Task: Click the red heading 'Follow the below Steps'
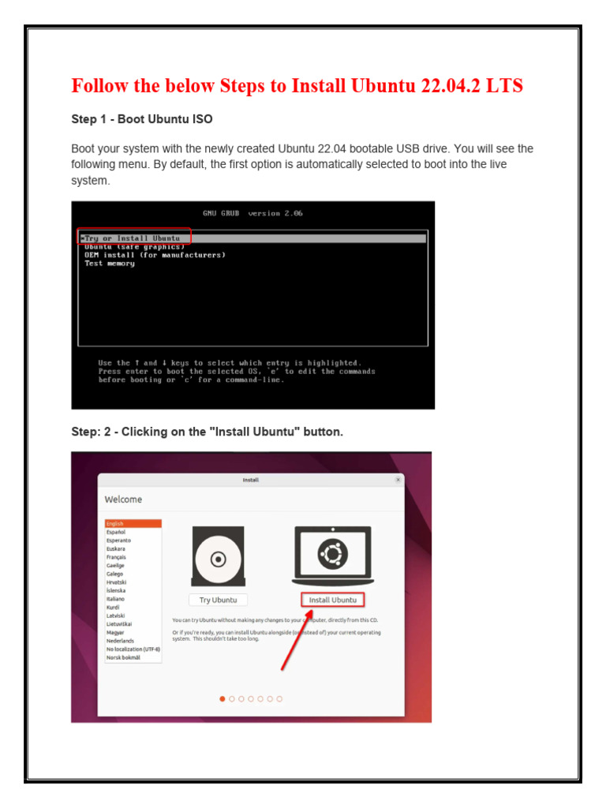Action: pyautogui.click(x=297, y=85)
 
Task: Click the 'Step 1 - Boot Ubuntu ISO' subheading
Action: pyautogui.click(x=141, y=119)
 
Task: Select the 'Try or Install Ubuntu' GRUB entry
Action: pyautogui.click(x=133, y=238)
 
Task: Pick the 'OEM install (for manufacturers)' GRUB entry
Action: pyautogui.click(x=155, y=255)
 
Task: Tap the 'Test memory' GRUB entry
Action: pyautogui.click(x=110, y=264)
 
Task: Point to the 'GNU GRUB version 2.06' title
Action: pyautogui.click(x=252, y=213)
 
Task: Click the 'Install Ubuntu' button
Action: pyautogui.click(x=332, y=600)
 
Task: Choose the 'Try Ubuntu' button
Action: pyautogui.click(x=218, y=600)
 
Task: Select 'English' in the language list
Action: pyautogui.click(x=115, y=523)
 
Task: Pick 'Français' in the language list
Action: pyautogui.click(x=117, y=557)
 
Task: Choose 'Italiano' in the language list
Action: pyautogui.click(x=116, y=599)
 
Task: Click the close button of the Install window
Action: pyautogui.click(x=398, y=479)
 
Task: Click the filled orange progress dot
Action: pyautogui.click(x=223, y=698)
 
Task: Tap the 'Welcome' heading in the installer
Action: pyautogui.click(x=124, y=499)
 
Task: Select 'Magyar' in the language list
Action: pyautogui.click(x=115, y=632)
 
